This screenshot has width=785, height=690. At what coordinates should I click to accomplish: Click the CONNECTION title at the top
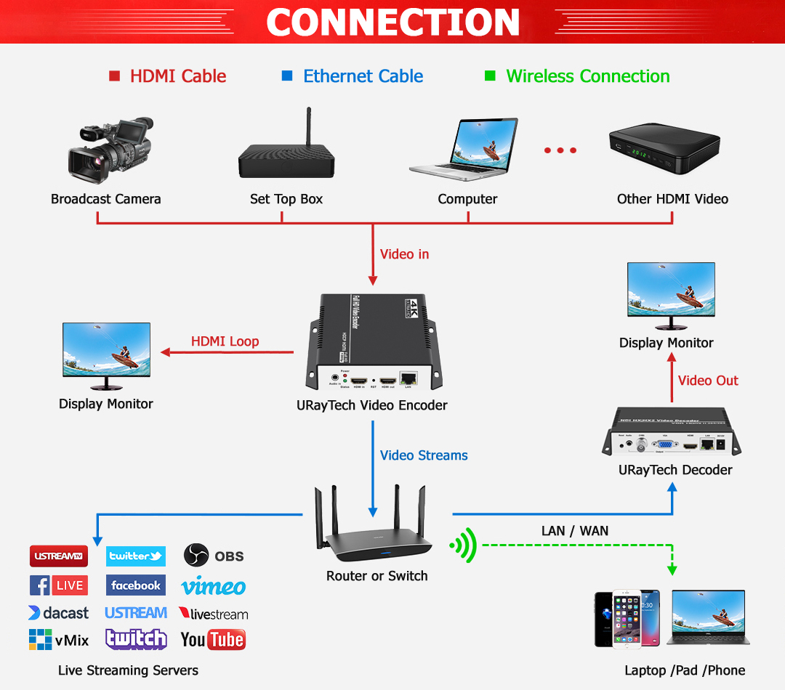pyautogui.click(x=392, y=22)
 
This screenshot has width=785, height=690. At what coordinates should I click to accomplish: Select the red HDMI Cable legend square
pyautogui.click(x=114, y=76)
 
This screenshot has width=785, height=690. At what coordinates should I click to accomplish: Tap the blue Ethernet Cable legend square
pyautogui.click(x=287, y=76)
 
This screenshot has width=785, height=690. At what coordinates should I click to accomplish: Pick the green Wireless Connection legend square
pyautogui.click(x=490, y=76)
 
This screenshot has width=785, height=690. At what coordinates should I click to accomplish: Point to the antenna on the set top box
pyautogui.click(x=308, y=127)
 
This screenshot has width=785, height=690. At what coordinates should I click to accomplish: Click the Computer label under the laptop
pyautogui.click(x=467, y=199)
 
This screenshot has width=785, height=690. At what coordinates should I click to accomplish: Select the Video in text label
pyautogui.click(x=404, y=254)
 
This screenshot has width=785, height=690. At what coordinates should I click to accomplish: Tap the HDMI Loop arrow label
pyautogui.click(x=225, y=341)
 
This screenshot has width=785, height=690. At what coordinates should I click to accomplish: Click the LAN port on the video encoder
pyautogui.click(x=409, y=378)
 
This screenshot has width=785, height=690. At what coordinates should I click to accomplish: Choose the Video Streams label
pyautogui.click(x=424, y=455)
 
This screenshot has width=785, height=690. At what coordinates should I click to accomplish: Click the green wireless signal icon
pyautogui.click(x=463, y=545)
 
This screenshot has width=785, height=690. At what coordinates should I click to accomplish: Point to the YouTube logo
pyautogui.click(x=212, y=639)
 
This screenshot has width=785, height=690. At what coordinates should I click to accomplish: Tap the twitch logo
pyautogui.click(x=136, y=638)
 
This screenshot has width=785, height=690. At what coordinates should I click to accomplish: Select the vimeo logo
pyautogui.click(x=214, y=586)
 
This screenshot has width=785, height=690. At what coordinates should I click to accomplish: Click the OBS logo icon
pyautogui.click(x=196, y=556)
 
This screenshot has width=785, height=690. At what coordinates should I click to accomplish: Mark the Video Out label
pyautogui.click(x=707, y=381)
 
